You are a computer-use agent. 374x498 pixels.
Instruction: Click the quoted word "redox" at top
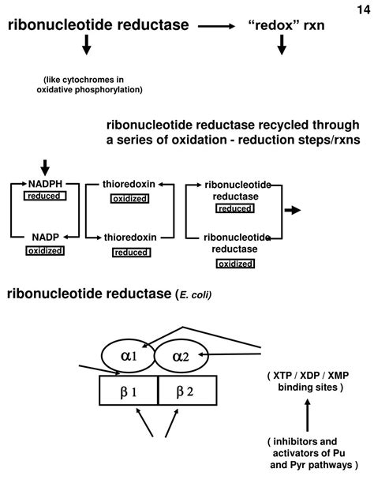[x=276, y=25]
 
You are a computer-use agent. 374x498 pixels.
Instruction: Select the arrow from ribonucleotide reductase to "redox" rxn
[x=217, y=26]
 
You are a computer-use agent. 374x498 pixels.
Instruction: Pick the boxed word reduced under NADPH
[x=44, y=195]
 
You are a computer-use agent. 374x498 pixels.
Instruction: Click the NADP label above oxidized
[x=45, y=237]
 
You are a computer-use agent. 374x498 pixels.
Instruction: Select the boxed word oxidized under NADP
[x=45, y=250]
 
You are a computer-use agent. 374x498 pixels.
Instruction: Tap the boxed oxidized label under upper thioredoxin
[x=129, y=198]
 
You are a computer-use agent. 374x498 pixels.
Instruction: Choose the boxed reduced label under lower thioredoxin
[x=130, y=252]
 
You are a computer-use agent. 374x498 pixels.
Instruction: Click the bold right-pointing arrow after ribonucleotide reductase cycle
[x=292, y=210]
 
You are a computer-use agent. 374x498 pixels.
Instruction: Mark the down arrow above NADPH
[x=45, y=167]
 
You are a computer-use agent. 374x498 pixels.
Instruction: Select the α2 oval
[x=181, y=357]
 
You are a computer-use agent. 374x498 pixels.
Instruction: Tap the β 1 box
[x=129, y=391]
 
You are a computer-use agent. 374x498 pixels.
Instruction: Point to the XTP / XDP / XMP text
[x=307, y=375]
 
